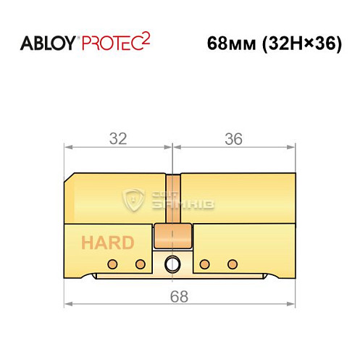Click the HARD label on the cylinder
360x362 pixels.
pos(106,242)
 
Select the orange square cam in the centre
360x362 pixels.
pos(172,236)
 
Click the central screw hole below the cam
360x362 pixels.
pos(172,264)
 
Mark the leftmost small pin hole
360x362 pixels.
pos(112,262)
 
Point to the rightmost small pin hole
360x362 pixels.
pos(232,262)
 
